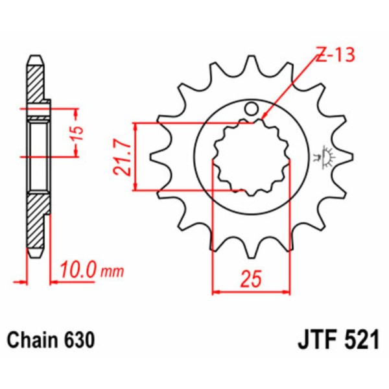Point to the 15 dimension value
[x=77, y=132]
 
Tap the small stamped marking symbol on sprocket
[x=322, y=156]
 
